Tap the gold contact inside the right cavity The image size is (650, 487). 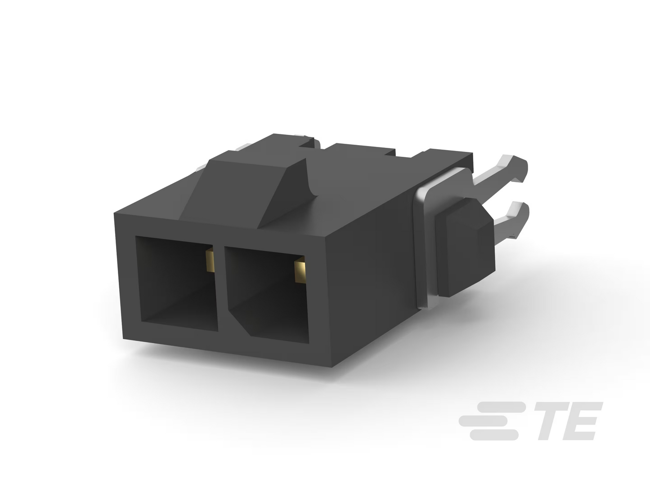coord(300,270)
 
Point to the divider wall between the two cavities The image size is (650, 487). coord(221,290)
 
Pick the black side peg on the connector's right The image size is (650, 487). coord(465,247)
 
